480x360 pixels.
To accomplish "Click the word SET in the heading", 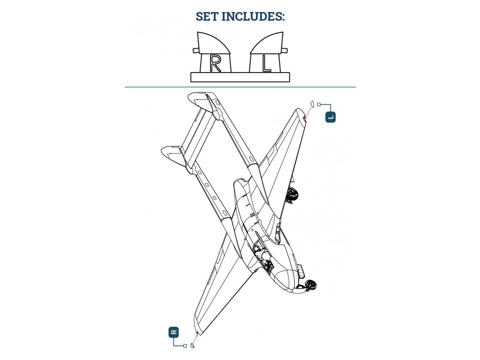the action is [x=207, y=16].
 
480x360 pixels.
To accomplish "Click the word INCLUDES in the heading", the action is [x=253, y=16].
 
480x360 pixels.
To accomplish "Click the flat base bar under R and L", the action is [x=240, y=77].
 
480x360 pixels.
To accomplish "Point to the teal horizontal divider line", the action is [x=240, y=87].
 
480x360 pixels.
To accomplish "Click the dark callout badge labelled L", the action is [x=330, y=117].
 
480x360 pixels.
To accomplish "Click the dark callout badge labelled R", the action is [x=173, y=332].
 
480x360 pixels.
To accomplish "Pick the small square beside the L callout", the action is [x=319, y=105].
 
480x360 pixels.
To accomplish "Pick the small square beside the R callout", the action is [x=185, y=346].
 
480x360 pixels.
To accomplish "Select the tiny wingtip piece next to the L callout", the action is [x=312, y=104].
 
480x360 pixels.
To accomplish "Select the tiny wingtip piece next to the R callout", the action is [x=193, y=345].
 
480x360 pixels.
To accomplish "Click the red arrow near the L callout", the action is [x=308, y=112].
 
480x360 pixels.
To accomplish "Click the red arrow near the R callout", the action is [x=195, y=339].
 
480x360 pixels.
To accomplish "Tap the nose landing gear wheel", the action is [x=312, y=285].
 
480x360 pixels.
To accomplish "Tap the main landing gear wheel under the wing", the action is [x=293, y=195].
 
